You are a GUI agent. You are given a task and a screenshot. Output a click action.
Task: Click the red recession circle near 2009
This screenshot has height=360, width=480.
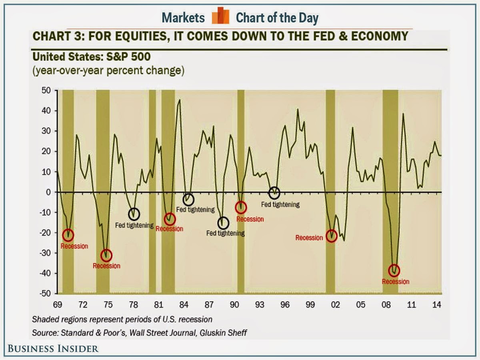[x=394, y=270]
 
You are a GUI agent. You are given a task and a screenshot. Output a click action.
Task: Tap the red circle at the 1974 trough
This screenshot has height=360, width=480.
[x=106, y=255]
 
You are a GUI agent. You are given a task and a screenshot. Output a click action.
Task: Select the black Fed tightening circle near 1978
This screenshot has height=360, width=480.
[x=134, y=214]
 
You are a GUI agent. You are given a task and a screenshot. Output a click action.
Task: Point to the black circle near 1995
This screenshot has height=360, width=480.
[x=274, y=193]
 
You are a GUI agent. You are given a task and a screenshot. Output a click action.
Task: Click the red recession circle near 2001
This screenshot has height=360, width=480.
[x=332, y=236]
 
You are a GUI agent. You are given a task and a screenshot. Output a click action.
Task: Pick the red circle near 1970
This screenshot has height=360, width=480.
[x=68, y=235]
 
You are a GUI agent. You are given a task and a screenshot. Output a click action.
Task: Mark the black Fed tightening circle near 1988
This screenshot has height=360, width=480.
[x=223, y=223]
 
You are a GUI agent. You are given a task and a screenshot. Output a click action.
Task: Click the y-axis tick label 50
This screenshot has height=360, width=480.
[x=47, y=90]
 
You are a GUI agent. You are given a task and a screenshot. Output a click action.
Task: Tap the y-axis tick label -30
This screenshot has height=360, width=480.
[x=46, y=253]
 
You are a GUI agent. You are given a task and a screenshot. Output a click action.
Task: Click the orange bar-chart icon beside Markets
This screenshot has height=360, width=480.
[x=220, y=17]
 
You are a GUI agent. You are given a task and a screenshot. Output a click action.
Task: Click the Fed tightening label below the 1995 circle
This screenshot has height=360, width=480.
[x=280, y=204]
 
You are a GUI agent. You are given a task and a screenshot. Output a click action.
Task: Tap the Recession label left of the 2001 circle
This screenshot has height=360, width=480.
[x=309, y=238]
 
